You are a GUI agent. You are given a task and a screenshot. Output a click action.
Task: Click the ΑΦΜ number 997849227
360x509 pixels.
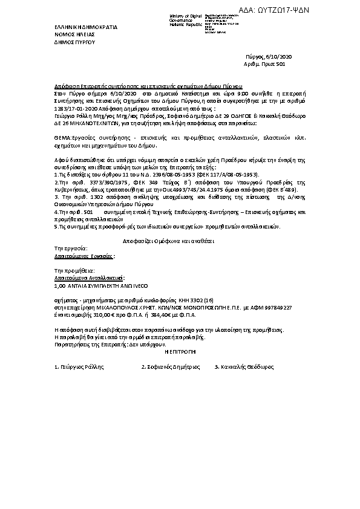276,307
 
